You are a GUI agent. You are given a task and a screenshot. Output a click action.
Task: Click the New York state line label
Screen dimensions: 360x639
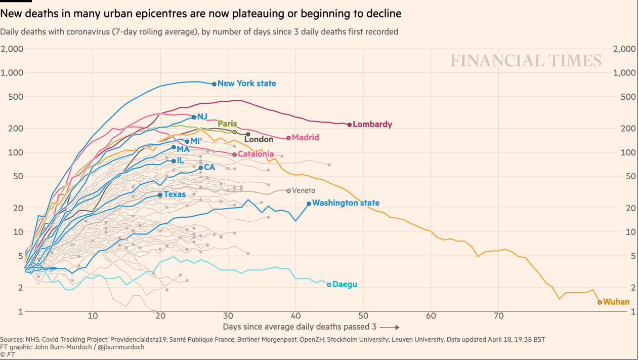(x=246, y=84)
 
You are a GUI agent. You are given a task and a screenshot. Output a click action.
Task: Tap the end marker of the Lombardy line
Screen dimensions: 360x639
(x=350, y=125)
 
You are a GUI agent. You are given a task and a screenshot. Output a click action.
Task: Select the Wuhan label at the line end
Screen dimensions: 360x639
(x=616, y=302)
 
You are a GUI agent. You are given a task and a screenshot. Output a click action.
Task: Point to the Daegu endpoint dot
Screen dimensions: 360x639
(x=329, y=285)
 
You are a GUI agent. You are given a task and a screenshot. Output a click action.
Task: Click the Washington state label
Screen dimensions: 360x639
(x=346, y=203)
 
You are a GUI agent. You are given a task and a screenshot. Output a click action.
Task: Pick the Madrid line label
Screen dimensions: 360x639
(x=306, y=138)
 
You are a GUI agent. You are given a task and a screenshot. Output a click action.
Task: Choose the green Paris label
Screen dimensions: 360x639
(x=227, y=124)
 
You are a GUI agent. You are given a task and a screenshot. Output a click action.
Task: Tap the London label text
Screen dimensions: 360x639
(x=259, y=139)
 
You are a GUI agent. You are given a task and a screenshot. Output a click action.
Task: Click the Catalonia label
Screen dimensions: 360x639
(x=255, y=154)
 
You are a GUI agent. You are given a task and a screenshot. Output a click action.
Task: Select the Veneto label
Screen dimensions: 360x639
(x=304, y=191)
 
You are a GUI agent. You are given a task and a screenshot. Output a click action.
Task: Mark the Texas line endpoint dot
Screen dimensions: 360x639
(x=160, y=194)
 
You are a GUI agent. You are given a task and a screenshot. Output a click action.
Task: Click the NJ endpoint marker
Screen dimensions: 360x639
(x=194, y=117)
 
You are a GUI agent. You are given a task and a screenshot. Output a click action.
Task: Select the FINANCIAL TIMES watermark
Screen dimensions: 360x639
(x=526, y=61)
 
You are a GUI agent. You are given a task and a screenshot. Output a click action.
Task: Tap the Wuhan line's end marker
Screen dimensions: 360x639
(x=600, y=302)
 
